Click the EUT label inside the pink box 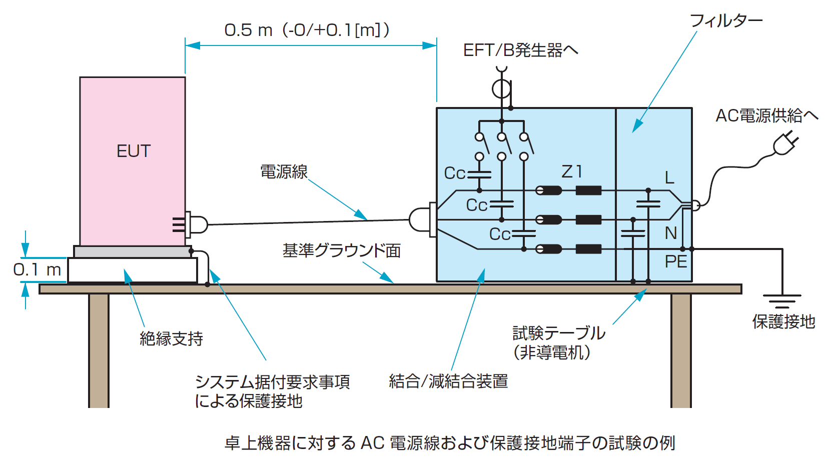pyautogui.click(x=133, y=151)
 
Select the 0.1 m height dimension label pyautogui.click(x=37, y=270)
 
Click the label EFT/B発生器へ pyautogui.click(x=520, y=50)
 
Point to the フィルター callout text pyautogui.click(x=726, y=21)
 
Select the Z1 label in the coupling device pyautogui.click(x=572, y=172)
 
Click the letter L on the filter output pyautogui.click(x=669, y=178)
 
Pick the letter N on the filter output pyautogui.click(x=670, y=233)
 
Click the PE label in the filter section pyautogui.click(x=675, y=261)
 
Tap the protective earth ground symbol pyautogui.click(x=782, y=300)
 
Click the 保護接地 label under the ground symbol pyautogui.click(x=783, y=321)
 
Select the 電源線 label pyautogui.click(x=284, y=172)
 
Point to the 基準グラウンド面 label pyautogui.click(x=342, y=250)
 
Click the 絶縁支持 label pyautogui.click(x=171, y=338)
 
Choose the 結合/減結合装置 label pyautogui.click(x=448, y=381)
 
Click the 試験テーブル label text pyautogui.click(x=559, y=333)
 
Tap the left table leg pyautogui.click(x=99, y=350)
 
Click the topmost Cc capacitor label pyautogui.click(x=455, y=173)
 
